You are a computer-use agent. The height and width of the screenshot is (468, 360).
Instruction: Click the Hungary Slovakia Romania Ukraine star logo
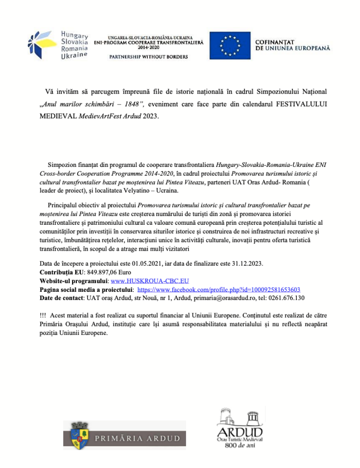(x=42, y=45)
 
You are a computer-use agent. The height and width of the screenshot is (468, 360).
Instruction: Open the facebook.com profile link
(x=219, y=289)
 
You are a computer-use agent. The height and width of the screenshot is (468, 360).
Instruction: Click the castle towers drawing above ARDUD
(x=240, y=416)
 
